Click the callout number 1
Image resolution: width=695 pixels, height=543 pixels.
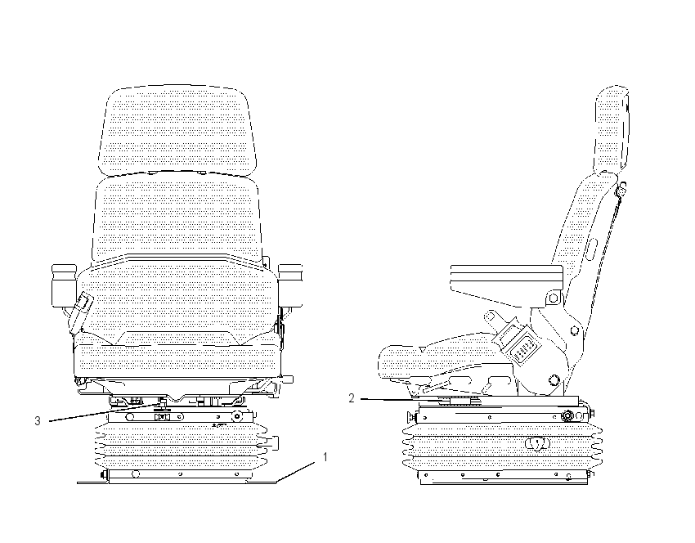tap(325, 457)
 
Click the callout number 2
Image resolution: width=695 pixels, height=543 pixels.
tap(352, 398)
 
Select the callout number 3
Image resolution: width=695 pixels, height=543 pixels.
tap(38, 420)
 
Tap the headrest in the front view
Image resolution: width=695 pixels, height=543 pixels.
tap(177, 129)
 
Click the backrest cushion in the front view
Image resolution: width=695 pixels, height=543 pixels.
tap(177, 218)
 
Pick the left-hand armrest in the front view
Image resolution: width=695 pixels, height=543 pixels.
tap(65, 285)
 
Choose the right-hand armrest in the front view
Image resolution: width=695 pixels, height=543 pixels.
tap(290, 285)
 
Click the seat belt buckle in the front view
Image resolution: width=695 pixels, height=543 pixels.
tap(80, 312)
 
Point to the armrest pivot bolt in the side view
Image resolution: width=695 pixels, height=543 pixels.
tap(554, 298)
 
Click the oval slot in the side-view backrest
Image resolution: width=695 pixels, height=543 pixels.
tap(590, 250)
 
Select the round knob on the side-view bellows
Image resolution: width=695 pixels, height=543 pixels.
tap(538, 444)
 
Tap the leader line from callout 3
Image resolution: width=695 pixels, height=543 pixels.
tap(105, 412)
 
